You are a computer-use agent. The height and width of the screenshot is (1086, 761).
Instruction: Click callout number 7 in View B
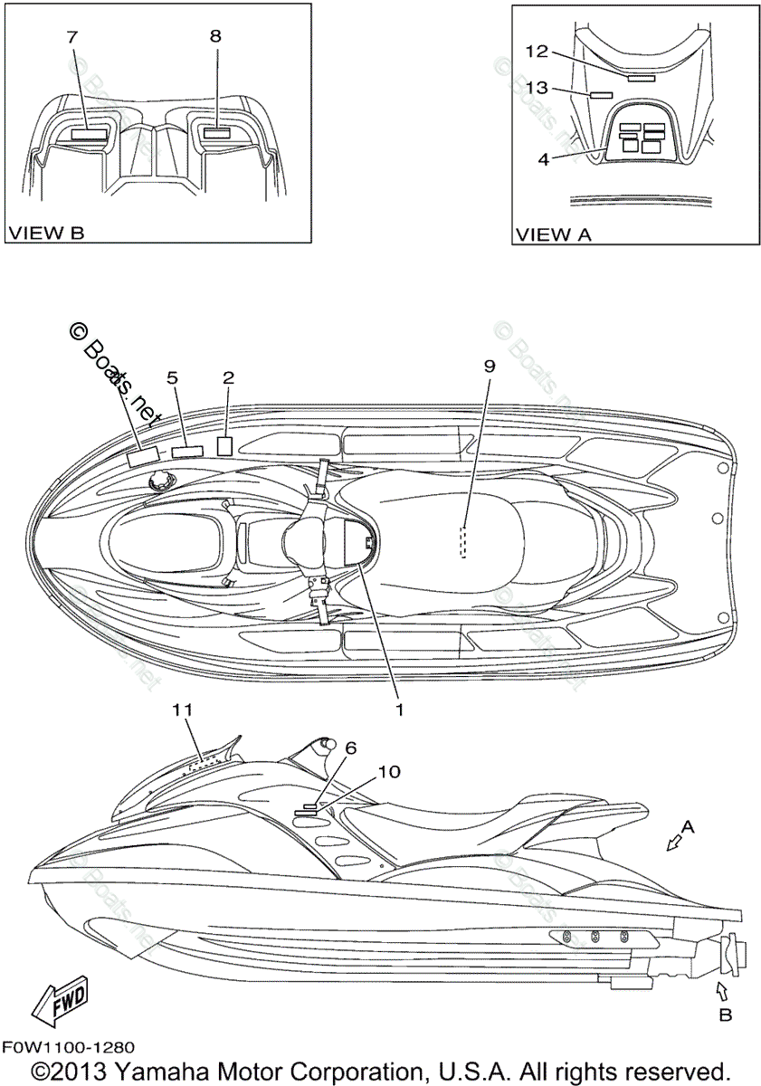[x=72, y=37]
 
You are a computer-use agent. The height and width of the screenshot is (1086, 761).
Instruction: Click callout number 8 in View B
[x=214, y=37]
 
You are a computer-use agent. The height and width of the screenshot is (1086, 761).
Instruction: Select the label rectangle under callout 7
[x=89, y=133]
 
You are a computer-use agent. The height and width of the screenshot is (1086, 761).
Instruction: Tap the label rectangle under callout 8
[x=219, y=132]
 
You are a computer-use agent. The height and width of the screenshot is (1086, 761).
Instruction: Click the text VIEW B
[x=46, y=233]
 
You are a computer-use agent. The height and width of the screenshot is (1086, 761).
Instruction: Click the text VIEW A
[x=553, y=234]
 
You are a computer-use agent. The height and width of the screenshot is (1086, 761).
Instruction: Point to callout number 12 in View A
[x=537, y=51]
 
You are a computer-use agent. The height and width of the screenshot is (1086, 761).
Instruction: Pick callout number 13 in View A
[x=537, y=87]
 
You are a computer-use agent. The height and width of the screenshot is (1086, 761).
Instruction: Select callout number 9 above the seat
[x=490, y=366]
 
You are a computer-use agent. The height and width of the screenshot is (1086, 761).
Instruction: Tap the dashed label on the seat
[x=463, y=543]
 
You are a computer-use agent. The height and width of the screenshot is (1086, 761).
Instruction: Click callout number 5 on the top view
[x=172, y=377]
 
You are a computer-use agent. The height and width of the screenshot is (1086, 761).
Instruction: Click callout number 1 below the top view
[x=397, y=710]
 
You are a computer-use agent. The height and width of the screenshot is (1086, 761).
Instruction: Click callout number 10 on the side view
[x=387, y=771]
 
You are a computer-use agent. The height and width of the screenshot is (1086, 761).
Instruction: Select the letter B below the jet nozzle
[x=725, y=1015]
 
